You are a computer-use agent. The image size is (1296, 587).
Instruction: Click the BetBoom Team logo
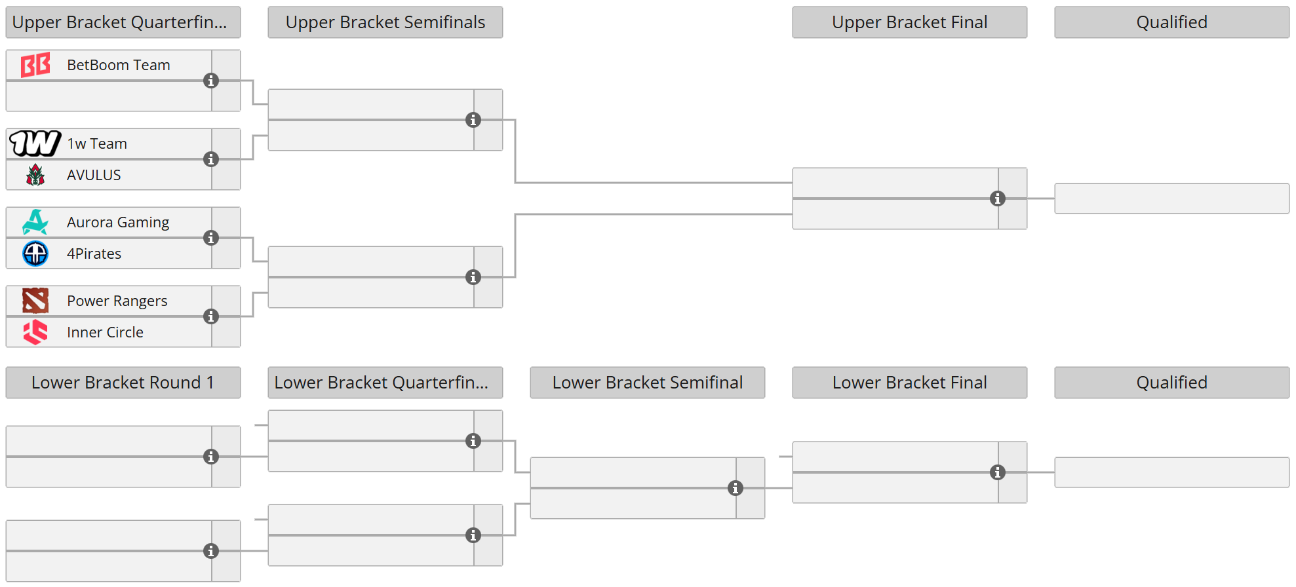click(x=35, y=65)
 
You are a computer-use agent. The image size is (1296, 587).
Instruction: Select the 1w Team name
click(x=97, y=143)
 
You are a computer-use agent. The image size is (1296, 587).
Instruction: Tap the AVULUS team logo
click(x=35, y=175)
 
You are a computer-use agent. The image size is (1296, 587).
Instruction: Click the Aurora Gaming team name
click(x=118, y=222)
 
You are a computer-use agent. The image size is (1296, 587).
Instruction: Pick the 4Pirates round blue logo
click(x=35, y=254)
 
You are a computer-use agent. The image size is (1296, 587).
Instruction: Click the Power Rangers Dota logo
click(x=35, y=301)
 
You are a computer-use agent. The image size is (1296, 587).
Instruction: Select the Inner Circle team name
click(x=105, y=332)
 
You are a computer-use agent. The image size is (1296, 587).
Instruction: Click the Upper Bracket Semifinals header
click(x=385, y=22)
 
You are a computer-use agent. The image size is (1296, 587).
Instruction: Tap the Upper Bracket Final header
click(x=909, y=22)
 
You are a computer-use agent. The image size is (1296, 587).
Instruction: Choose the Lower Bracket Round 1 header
click(x=123, y=383)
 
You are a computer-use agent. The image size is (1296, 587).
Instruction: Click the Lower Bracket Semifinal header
click(x=647, y=383)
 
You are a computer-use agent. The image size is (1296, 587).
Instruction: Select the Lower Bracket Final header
click(x=909, y=383)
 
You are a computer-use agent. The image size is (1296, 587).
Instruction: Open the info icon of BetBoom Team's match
click(x=211, y=81)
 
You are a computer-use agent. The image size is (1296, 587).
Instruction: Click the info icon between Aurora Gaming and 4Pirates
click(x=211, y=238)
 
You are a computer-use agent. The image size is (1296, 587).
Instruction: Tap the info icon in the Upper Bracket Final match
click(x=998, y=199)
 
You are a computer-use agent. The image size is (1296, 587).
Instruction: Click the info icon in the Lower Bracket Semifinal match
click(x=736, y=488)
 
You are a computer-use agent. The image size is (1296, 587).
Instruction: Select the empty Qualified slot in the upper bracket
click(x=1171, y=199)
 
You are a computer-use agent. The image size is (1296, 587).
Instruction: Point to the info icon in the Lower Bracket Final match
click(x=998, y=472)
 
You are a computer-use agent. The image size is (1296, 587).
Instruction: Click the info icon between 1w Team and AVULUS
click(x=211, y=159)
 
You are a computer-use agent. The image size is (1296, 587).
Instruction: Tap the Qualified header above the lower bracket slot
click(x=1171, y=383)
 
